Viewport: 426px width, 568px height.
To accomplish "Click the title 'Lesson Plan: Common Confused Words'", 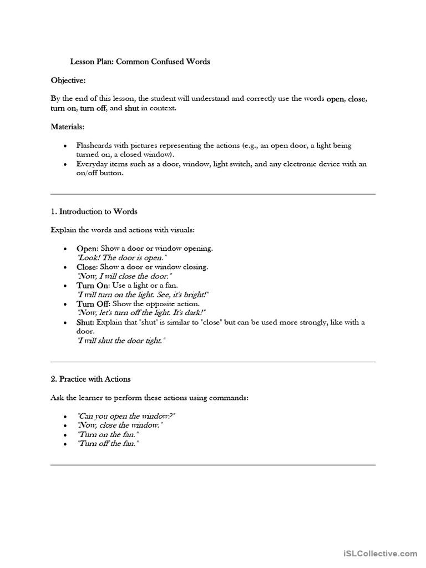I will pyautogui.click(x=140, y=62).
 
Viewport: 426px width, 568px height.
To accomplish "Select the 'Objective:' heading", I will pyautogui.click(x=68, y=80).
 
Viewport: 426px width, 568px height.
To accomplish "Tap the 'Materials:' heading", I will pyautogui.click(x=68, y=127).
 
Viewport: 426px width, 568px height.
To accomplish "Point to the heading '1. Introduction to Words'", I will pyautogui.click(x=94, y=211).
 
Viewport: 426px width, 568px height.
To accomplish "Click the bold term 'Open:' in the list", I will pyautogui.click(x=87, y=249).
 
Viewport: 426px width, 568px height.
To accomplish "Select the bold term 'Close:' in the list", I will pyautogui.click(x=87, y=267).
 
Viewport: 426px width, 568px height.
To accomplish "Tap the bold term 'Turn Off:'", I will pyautogui.click(x=94, y=304).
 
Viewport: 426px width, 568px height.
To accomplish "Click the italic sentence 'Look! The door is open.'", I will pyautogui.click(x=121, y=258).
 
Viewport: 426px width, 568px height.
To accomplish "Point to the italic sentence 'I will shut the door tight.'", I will pyautogui.click(x=121, y=341).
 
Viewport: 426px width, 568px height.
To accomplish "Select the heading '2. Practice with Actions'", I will pyautogui.click(x=90, y=379).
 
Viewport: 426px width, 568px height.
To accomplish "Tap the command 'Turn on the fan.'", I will pyautogui.click(x=108, y=435).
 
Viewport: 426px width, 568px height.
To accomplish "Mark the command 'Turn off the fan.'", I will pyautogui.click(x=108, y=444).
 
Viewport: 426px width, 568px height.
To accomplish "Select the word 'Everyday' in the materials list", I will pyautogui.click(x=93, y=164).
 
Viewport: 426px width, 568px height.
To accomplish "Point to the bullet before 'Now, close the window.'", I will pyautogui.click(x=65, y=426).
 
